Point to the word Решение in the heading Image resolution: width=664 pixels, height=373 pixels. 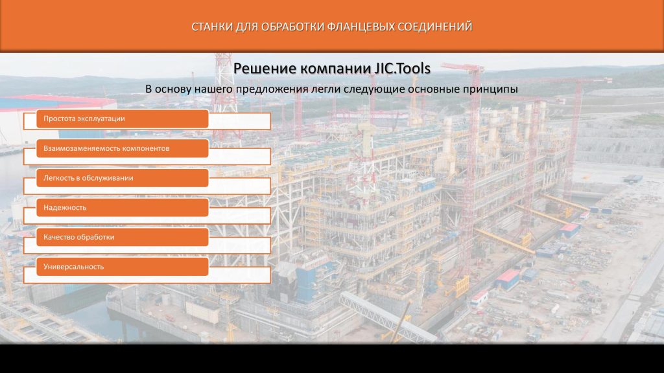(x=259, y=69)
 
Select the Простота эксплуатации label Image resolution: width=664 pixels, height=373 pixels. (x=84, y=119)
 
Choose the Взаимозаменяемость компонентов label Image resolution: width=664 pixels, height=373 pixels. (x=106, y=148)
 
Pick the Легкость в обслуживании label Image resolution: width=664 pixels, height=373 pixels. (x=88, y=178)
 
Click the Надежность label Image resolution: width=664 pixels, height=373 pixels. (x=65, y=208)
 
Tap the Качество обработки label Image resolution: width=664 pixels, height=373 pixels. (x=78, y=237)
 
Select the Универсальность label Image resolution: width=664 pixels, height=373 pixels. (x=74, y=267)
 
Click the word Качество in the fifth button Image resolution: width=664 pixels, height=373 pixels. (x=58, y=237)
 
